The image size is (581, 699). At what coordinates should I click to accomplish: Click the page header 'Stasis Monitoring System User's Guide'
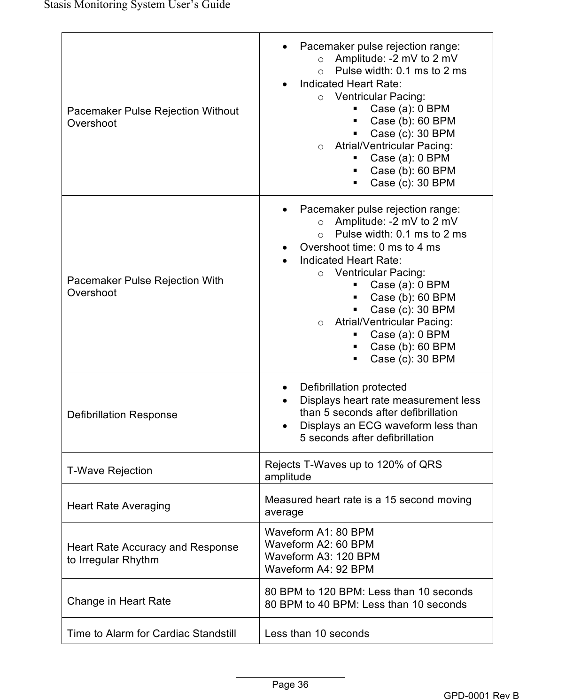pos(137,5)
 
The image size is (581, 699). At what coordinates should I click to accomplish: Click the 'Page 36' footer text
pos(290,684)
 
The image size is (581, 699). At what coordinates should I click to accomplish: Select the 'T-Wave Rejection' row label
pos(109,470)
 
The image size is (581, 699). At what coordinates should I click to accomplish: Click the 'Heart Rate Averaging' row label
pos(118,506)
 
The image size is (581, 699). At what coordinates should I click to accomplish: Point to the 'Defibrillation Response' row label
pos(122,415)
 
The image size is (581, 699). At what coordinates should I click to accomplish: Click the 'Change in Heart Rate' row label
pos(119,601)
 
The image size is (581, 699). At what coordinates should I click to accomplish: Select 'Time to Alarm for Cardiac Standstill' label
pos(151,633)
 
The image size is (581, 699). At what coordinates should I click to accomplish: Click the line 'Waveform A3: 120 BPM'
pos(322,556)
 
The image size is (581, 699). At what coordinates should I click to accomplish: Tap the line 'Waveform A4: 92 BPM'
pos(319,569)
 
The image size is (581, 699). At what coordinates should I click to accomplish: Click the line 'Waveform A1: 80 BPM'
pos(319,532)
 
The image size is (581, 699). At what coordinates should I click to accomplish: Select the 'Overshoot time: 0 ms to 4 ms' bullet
pos(370,247)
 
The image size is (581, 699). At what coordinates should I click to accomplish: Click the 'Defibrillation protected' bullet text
pos(353,387)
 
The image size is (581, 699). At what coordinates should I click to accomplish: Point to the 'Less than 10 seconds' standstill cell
pos(317,633)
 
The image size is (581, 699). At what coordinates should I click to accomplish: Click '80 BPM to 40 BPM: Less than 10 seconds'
pos(365,604)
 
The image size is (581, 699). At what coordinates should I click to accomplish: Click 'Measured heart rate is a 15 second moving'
pos(368,499)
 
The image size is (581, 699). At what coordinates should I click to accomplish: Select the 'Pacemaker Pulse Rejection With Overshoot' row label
pos(145,286)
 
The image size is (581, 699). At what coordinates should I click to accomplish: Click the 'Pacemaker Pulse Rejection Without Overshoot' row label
pos(153,117)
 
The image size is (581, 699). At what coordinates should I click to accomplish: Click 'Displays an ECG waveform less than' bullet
pos(388,425)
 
